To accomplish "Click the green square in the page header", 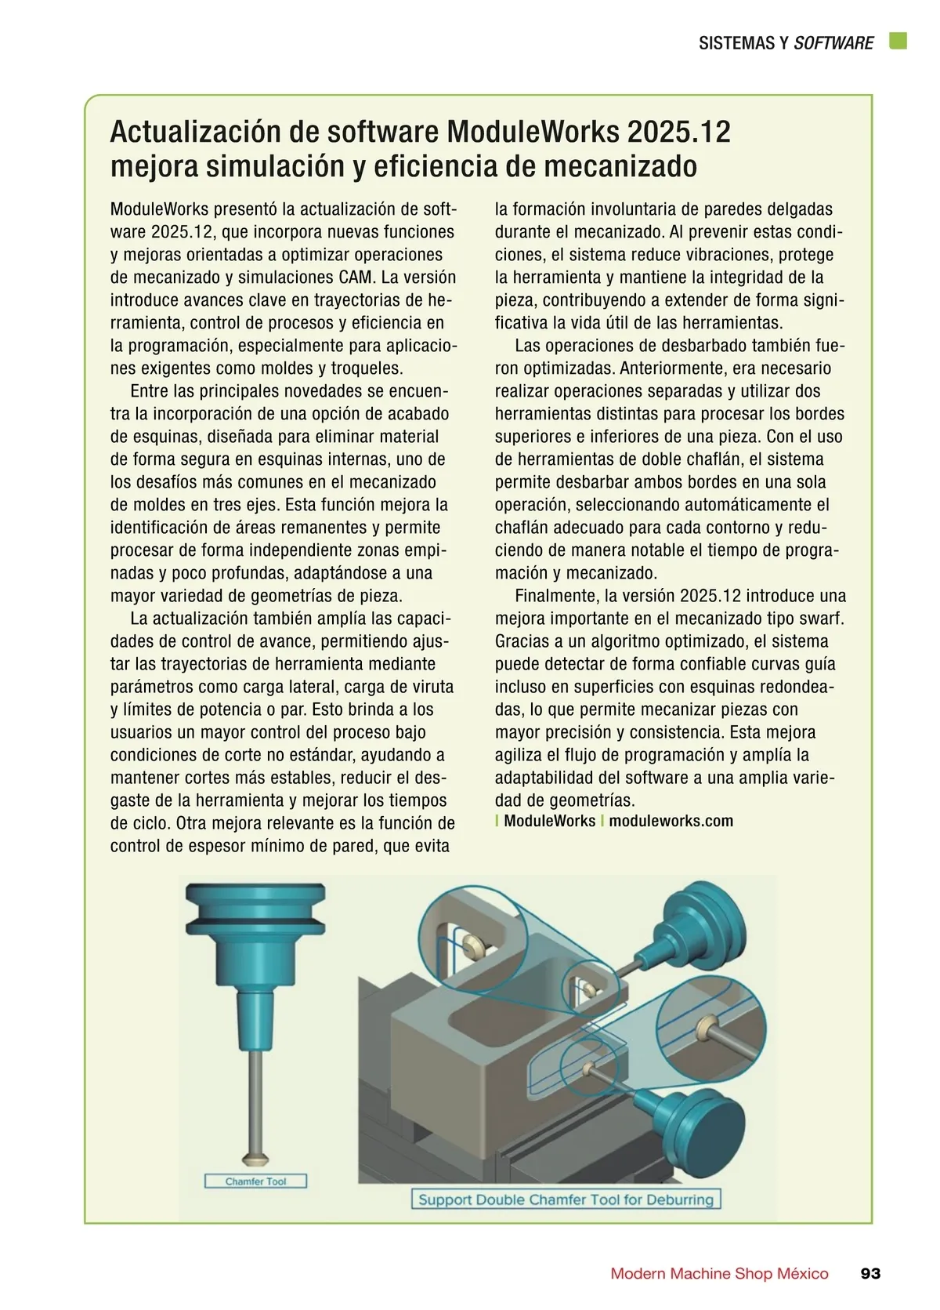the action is (898, 41).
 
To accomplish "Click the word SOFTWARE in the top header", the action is (833, 42).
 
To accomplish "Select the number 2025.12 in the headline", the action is (678, 132).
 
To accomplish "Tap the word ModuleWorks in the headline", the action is (532, 132).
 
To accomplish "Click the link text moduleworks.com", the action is (671, 821).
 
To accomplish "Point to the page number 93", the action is (870, 1273).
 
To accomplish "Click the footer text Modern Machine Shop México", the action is (719, 1273).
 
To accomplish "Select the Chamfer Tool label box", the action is (255, 1181).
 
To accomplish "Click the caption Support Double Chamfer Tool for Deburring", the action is (566, 1199).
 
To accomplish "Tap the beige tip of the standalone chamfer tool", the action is (255, 1157).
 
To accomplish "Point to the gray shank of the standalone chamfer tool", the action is (255, 1099).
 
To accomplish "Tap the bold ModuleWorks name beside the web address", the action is (549, 821).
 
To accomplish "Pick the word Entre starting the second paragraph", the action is (149, 390).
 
